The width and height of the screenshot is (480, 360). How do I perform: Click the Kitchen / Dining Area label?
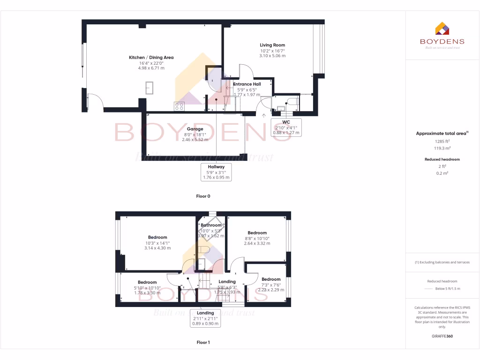(x=151, y=58)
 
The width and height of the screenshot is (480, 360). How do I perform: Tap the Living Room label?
(x=272, y=45)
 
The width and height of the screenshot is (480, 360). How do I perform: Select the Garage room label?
(x=195, y=129)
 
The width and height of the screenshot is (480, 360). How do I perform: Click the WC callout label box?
(x=286, y=127)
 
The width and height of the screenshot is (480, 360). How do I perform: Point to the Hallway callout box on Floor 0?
(x=216, y=172)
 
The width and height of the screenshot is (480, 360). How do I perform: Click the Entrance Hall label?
(x=247, y=84)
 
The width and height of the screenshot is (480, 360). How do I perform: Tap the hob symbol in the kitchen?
(x=179, y=106)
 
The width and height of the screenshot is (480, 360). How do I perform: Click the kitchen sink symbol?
(x=150, y=88)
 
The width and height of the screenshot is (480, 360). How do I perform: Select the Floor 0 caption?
(x=203, y=196)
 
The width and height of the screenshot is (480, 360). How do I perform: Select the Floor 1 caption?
(x=203, y=343)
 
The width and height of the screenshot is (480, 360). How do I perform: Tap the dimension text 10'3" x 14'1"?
(x=157, y=243)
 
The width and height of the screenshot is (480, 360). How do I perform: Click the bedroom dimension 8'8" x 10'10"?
(x=257, y=238)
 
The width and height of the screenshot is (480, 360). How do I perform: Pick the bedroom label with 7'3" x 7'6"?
(x=270, y=279)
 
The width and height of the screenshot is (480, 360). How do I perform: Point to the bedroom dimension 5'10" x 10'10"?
(x=147, y=287)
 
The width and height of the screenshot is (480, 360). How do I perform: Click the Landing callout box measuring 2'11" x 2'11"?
(x=205, y=318)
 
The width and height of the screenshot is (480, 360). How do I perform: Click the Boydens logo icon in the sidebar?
(x=442, y=29)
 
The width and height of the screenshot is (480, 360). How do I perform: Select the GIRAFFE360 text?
(x=442, y=336)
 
